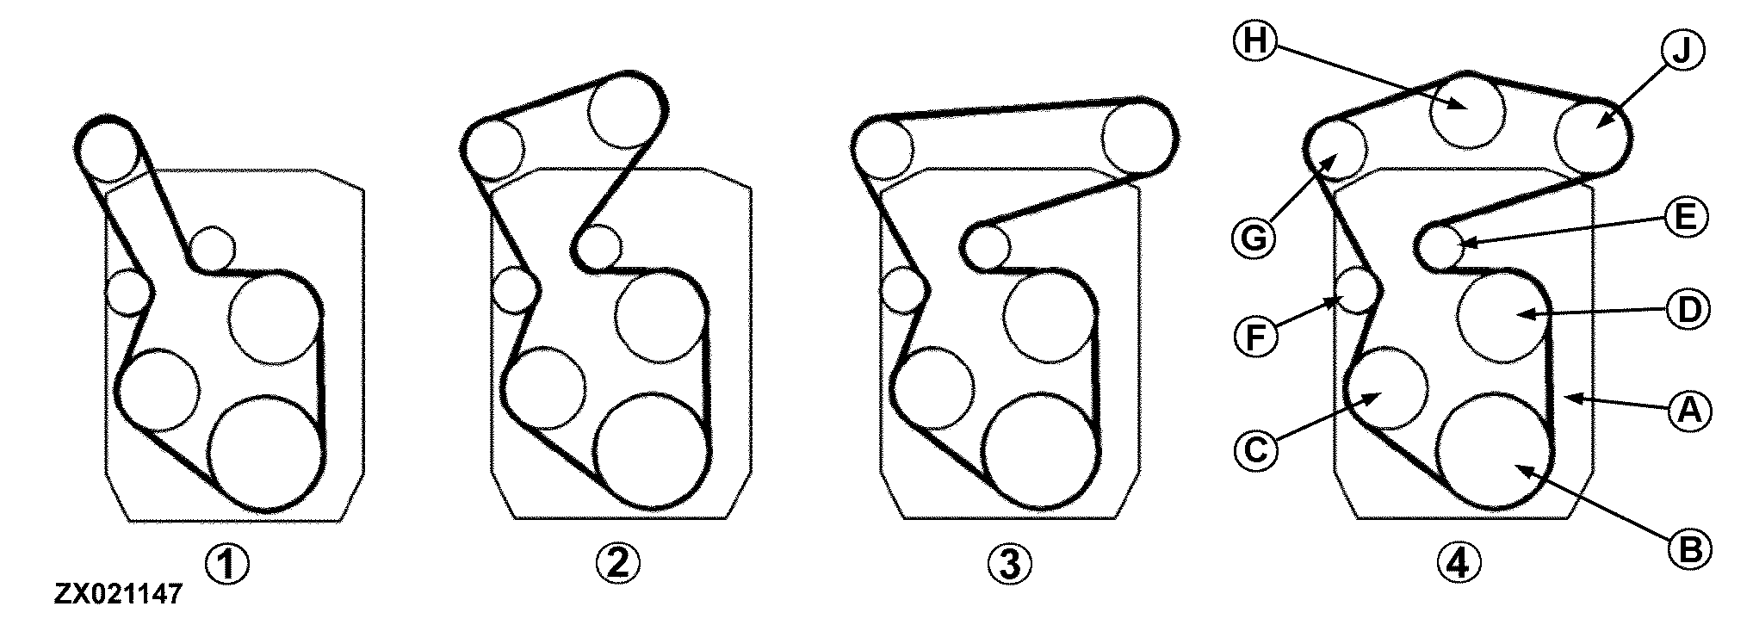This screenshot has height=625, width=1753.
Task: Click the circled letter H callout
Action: pos(1254,41)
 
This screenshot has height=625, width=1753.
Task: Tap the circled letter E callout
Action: pos(1685,218)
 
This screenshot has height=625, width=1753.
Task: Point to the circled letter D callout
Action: pos(1688,310)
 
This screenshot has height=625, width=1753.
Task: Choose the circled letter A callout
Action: pos(1689,412)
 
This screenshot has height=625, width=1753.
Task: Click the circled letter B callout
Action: pos(1690,549)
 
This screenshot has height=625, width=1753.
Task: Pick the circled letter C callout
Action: pos(1255,450)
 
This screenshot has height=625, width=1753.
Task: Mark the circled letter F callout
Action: pos(1254,335)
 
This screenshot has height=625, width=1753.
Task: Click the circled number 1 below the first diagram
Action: pos(227,565)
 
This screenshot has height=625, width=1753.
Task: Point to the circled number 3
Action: pos(1010,565)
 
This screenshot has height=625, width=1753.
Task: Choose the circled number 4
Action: pos(1460,564)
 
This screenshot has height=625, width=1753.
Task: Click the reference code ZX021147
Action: pos(118,594)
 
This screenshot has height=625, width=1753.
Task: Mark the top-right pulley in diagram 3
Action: pos(1138,138)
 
